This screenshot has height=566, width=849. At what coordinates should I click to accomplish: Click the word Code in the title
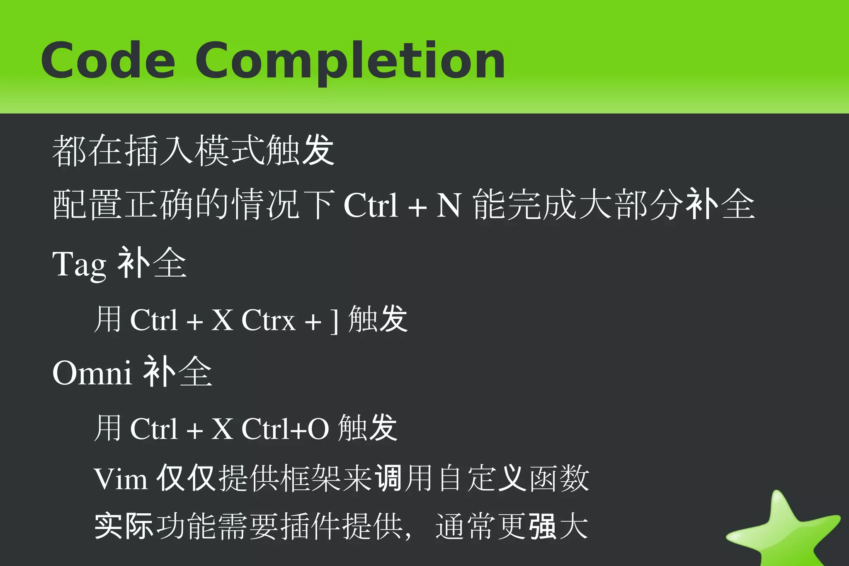pyautogui.click(x=108, y=61)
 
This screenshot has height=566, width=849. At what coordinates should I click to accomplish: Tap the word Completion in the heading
pyautogui.click(x=350, y=62)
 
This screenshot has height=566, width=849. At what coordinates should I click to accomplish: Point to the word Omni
pyautogui.click(x=92, y=373)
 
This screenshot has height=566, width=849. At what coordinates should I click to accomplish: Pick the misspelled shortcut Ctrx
pyautogui.click(x=268, y=321)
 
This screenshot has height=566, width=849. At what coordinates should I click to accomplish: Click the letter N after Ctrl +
pyautogui.click(x=448, y=205)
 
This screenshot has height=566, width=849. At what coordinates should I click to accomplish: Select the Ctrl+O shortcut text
pyautogui.click(x=285, y=429)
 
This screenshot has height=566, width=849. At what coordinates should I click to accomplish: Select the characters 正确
pyautogui.click(x=159, y=204)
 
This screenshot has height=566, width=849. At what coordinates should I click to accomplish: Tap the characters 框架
pyautogui.click(x=311, y=479)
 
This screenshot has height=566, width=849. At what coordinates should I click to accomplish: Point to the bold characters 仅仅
pyautogui.click(x=185, y=479)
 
